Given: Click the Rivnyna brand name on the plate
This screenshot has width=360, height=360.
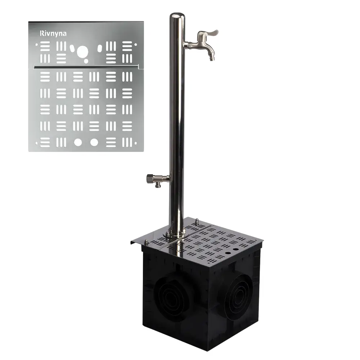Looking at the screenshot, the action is pyautogui.click(x=53, y=33).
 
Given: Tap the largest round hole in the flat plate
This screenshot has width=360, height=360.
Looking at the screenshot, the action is pyautogui.click(x=82, y=51).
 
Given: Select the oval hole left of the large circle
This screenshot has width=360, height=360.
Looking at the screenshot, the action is pyautogui.click(x=72, y=48).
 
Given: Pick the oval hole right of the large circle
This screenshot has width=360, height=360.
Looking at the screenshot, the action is pyautogui.click(x=100, y=48).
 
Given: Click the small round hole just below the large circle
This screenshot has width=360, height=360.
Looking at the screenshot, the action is pyautogui.click(x=86, y=61).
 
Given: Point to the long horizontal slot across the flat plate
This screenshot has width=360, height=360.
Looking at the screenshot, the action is pyautogui.click(x=86, y=67).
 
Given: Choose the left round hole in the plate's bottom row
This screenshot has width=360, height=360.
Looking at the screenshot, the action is pyautogui.click(x=78, y=142).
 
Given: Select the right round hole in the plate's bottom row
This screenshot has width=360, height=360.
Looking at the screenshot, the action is pyautogui.click(x=94, y=142).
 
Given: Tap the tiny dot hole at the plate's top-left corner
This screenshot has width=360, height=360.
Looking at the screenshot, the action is pyautogui.click(x=36, y=45).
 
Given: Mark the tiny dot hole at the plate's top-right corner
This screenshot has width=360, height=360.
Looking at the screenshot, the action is pyautogui.click(x=135, y=45).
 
